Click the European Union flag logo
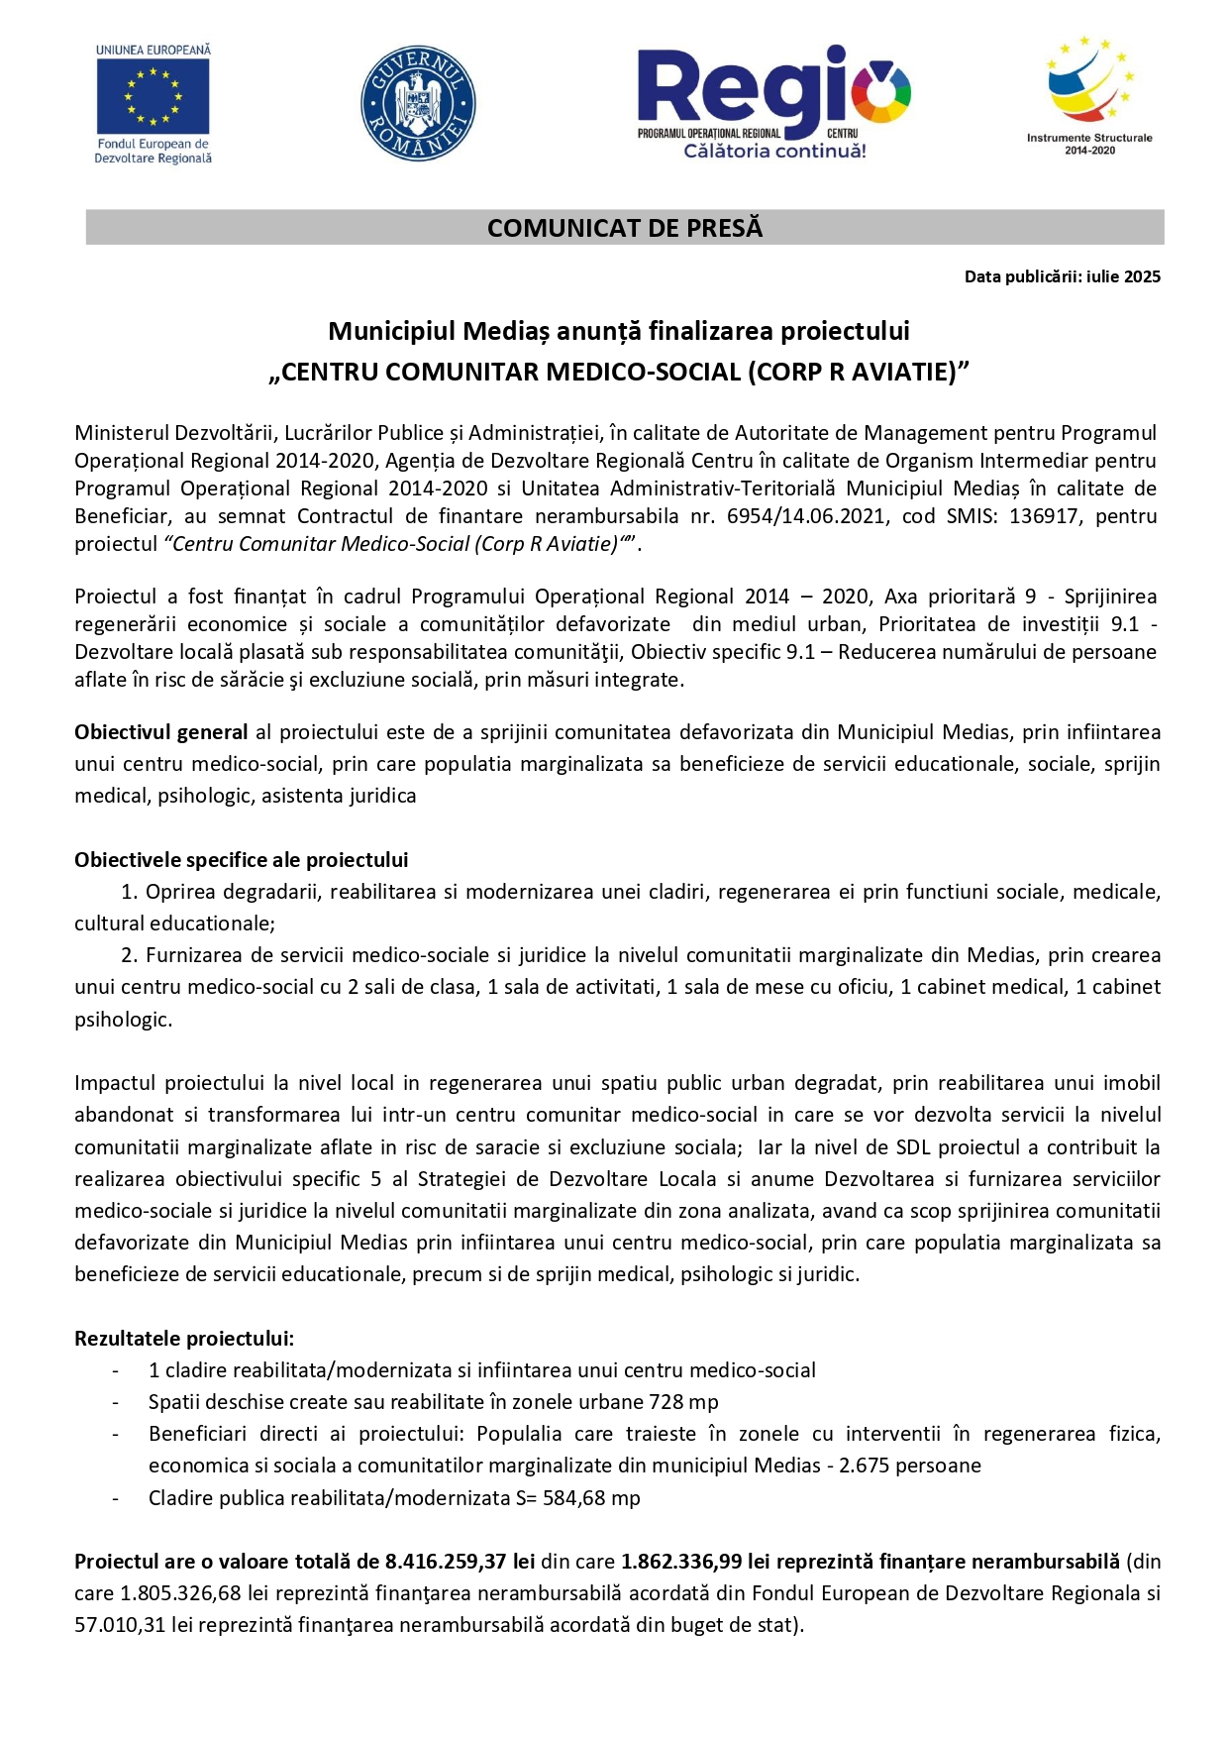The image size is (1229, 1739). pyautogui.click(x=153, y=97)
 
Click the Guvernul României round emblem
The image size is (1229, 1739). pyautogui.click(x=418, y=103)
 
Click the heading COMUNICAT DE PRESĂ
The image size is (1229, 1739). pyautogui.click(x=625, y=228)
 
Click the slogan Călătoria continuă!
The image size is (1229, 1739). pyautogui.click(x=774, y=151)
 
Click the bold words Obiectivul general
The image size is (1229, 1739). pyautogui.click(x=160, y=732)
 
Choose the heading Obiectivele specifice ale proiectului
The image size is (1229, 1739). pyautogui.click(x=241, y=860)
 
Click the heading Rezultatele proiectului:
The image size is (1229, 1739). pyautogui.click(x=184, y=1339)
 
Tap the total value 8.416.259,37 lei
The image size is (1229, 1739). pyautogui.click(x=460, y=1562)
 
